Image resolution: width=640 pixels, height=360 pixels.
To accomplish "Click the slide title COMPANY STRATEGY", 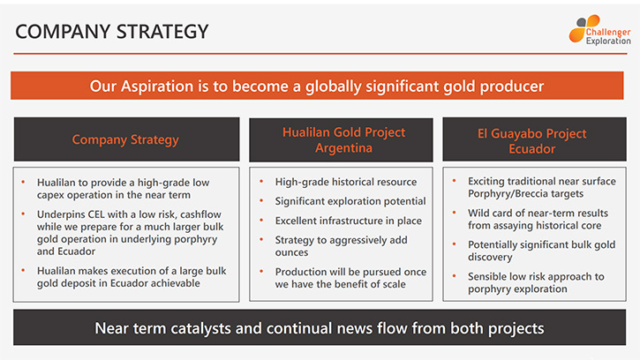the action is click(x=112, y=32).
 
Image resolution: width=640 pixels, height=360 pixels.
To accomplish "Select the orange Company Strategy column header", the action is click(x=125, y=139).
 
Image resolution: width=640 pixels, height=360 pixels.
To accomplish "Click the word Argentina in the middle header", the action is click(x=343, y=147).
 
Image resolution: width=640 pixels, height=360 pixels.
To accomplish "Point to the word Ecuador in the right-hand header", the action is click(x=531, y=148).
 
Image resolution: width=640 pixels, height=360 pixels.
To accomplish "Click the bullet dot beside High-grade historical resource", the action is click(x=261, y=181).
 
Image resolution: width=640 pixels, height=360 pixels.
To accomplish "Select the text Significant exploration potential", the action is click(x=350, y=201).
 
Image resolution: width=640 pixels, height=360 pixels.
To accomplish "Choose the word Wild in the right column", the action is click(x=478, y=213).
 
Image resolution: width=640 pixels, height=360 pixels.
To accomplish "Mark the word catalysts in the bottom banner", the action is click(x=200, y=328).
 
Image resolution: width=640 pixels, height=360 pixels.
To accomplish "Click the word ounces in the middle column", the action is click(x=291, y=252).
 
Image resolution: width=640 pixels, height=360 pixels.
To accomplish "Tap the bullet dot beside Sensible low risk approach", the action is click(x=454, y=276).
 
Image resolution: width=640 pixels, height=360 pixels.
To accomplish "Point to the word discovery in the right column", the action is click(x=490, y=257).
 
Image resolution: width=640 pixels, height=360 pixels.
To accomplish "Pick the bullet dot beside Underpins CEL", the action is click(x=23, y=214).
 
